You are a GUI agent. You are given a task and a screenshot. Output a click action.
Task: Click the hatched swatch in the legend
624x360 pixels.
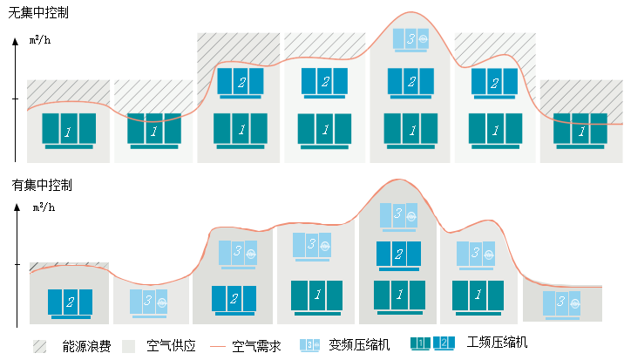pyautogui.click(x=39, y=346)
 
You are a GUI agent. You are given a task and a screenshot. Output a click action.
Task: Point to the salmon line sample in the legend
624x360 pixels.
pyautogui.click(x=218, y=346)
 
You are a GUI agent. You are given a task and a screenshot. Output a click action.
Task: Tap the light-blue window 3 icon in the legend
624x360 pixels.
pyautogui.click(x=309, y=345)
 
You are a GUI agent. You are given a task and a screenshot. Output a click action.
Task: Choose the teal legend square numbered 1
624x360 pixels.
pyautogui.click(x=420, y=343)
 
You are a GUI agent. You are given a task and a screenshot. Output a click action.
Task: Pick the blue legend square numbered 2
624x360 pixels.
pyautogui.click(x=444, y=343)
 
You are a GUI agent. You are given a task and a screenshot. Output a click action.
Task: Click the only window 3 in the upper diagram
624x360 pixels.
pyautogui.click(x=410, y=38)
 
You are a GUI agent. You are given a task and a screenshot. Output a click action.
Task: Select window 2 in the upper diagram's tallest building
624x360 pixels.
pyautogui.click(x=410, y=81)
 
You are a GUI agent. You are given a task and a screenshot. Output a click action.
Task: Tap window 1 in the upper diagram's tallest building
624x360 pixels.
pyautogui.click(x=410, y=129)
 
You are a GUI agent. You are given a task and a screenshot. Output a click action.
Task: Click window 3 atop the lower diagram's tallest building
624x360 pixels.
pyautogui.click(x=398, y=214)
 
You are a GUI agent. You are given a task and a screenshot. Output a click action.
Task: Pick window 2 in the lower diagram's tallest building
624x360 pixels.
pyautogui.click(x=398, y=254)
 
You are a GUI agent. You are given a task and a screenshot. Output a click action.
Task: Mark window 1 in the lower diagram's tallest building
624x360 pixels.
pyautogui.click(x=398, y=294)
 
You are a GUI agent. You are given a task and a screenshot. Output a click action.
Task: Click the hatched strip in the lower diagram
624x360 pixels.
pyautogui.click(x=69, y=267)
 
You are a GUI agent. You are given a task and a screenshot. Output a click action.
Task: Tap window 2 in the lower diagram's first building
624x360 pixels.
pyautogui.click(x=71, y=302)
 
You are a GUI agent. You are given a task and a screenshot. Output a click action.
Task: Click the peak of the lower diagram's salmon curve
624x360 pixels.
pyautogui.click(x=397, y=180)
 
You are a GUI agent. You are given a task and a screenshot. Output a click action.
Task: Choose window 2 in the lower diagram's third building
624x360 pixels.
pyautogui.click(x=234, y=298)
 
